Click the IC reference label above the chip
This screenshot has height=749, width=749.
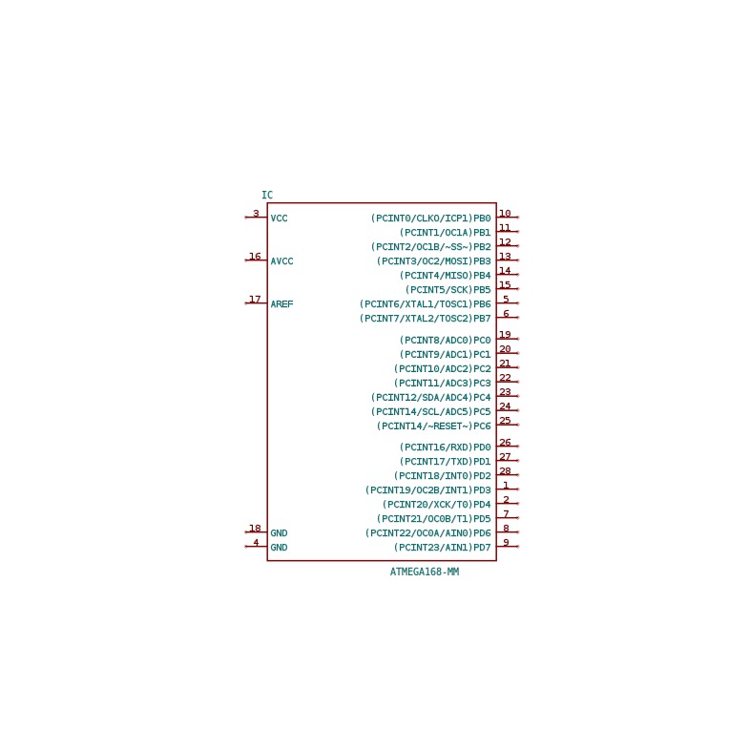(267, 195)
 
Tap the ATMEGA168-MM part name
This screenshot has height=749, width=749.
(425, 572)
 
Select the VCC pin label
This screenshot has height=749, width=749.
(279, 218)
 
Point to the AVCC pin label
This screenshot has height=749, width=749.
(281, 261)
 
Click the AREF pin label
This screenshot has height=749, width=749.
(281, 303)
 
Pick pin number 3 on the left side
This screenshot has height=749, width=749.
(256, 213)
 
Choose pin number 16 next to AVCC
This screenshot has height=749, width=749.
(255, 256)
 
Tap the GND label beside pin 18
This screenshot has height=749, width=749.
(279, 533)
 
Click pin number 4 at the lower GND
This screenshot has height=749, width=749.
(256, 542)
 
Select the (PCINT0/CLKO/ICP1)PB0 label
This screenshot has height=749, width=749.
(431, 218)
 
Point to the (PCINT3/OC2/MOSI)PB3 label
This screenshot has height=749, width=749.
(434, 261)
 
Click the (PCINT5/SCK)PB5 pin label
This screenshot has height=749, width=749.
(448, 289)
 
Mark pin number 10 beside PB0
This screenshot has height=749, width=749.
(505, 213)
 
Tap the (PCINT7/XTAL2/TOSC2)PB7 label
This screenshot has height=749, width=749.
(426, 318)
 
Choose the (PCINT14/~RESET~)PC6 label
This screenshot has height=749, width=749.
(434, 426)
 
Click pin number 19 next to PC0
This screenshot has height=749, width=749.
(505, 334)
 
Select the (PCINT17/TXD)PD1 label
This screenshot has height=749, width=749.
(446, 462)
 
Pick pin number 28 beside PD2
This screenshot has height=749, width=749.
(505, 470)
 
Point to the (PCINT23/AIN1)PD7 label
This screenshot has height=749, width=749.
(443, 548)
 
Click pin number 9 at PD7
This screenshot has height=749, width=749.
(506, 542)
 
